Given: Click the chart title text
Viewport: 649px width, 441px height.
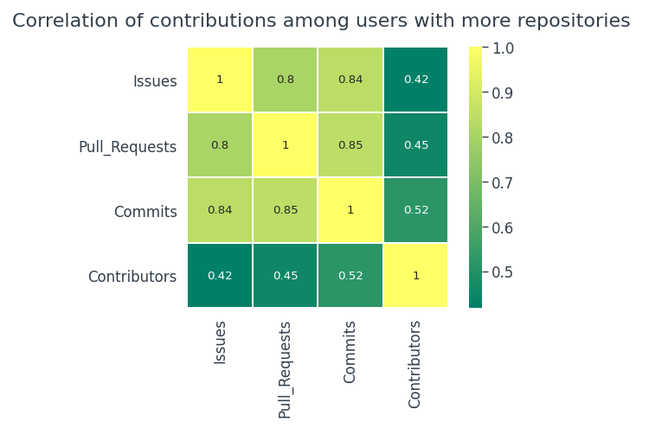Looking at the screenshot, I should [321, 21].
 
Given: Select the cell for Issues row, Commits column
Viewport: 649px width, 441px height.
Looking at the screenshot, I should [350, 80].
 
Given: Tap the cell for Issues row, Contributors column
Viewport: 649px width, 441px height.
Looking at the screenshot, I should [415, 80].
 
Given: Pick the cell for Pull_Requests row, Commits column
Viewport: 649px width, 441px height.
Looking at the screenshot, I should [350, 145].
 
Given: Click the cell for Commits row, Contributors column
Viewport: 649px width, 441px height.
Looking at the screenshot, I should [415, 210].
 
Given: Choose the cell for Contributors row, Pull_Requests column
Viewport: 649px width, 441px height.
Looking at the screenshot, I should [286, 276].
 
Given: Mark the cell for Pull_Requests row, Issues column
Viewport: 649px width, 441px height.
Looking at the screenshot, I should [220, 145].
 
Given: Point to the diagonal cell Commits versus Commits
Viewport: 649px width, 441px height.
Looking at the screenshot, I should [350, 210].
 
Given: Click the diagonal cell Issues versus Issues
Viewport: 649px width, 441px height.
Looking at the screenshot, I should [220, 80].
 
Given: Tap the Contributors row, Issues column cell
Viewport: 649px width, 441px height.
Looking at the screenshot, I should [220, 276].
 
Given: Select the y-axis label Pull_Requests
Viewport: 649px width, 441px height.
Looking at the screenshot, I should [127, 147].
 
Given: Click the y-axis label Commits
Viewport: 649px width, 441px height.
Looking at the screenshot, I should [145, 212].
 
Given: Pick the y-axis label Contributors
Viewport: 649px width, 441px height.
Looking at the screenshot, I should [132, 278].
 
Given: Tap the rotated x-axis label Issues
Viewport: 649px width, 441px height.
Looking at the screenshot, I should [220, 342].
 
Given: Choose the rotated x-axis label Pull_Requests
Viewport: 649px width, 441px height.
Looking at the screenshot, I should [286, 370].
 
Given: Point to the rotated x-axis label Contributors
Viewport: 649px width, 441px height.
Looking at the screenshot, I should [415, 364].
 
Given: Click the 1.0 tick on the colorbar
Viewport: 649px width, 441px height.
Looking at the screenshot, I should [502, 48].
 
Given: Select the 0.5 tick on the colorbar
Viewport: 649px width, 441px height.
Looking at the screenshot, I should [502, 272].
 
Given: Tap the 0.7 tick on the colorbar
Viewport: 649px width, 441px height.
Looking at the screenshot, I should [502, 182].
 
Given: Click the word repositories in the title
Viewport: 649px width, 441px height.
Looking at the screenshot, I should [575, 22].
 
